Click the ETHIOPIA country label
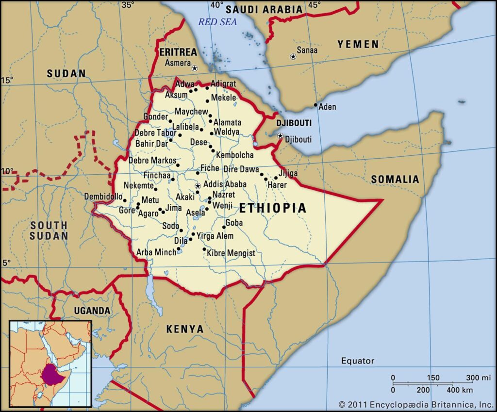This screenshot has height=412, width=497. (x=273, y=208)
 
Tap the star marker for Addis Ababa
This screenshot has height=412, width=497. (x=198, y=186)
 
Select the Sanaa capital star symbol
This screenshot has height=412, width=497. (x=293, y=57)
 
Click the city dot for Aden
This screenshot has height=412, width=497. (x=316, y=105)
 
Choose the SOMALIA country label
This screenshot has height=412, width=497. (x=395, y=180)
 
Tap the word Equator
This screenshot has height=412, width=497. (x=357, y=361)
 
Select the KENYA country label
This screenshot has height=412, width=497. (x=185, y=329)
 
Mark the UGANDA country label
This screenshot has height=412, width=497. (x=92, y=311)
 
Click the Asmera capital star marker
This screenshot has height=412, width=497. (x=195, y=68)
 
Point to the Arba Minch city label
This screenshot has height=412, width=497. (x=156, y=252)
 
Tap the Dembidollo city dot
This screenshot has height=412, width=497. (x=125, y=200)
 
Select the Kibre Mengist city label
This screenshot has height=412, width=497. (x=231, y=253)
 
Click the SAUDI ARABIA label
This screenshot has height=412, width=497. (x=264, y=9)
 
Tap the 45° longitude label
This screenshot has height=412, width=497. (x=315, y=5)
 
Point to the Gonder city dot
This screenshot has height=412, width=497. (x=170, y=121)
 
